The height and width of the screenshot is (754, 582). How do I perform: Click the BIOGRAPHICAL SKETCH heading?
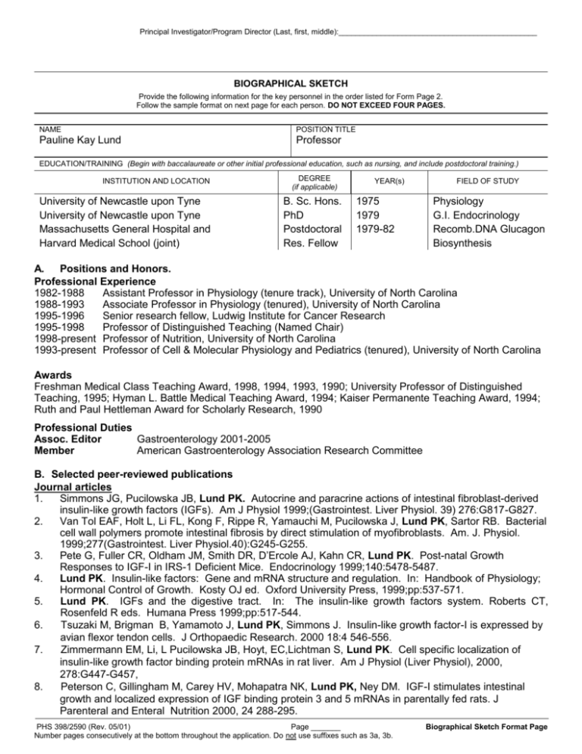coord(291,86)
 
